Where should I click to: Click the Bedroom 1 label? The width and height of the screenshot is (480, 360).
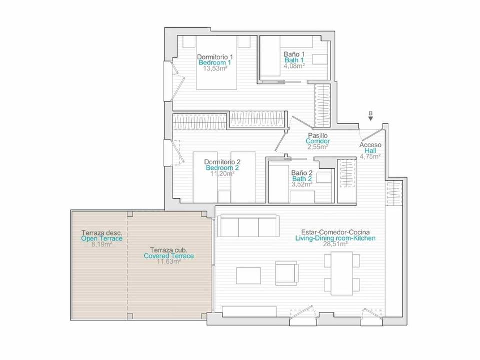215,63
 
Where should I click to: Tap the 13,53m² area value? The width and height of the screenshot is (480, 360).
215,68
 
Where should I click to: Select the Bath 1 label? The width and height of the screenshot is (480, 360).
294,60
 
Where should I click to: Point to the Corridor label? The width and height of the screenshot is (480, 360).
318,141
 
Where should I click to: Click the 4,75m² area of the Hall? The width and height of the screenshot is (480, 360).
370,156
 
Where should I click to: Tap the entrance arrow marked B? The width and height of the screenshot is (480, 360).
370,119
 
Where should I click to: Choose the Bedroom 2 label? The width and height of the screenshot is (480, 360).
222,168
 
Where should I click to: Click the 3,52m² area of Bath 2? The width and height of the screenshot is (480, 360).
302,184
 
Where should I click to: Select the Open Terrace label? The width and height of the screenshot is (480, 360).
102,239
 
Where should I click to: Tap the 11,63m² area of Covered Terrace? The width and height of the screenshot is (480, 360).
169,262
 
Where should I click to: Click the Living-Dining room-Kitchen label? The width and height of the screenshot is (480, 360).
335,238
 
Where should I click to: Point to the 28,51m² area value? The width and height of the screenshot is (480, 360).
335,244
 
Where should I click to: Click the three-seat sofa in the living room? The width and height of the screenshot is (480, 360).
248,225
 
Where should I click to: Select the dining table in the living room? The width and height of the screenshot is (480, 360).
342,273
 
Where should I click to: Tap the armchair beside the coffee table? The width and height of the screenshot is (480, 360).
287,273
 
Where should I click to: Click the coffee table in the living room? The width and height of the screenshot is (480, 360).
248,276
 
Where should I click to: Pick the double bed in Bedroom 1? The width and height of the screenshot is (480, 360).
216,63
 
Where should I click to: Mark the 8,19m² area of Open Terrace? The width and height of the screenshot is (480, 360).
102,244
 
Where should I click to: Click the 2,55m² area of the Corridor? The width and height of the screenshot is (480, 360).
318,147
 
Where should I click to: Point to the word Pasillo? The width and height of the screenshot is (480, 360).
318,135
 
